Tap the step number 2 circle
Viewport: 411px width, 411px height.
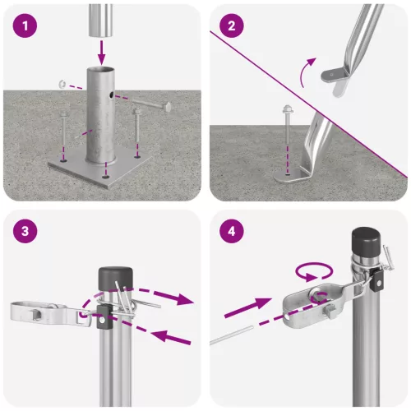pos(233,25)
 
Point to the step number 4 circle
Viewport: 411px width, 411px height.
pos(233,231)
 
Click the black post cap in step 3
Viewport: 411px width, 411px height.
pos(110,277)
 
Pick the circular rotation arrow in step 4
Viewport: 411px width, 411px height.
pos(315,271)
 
